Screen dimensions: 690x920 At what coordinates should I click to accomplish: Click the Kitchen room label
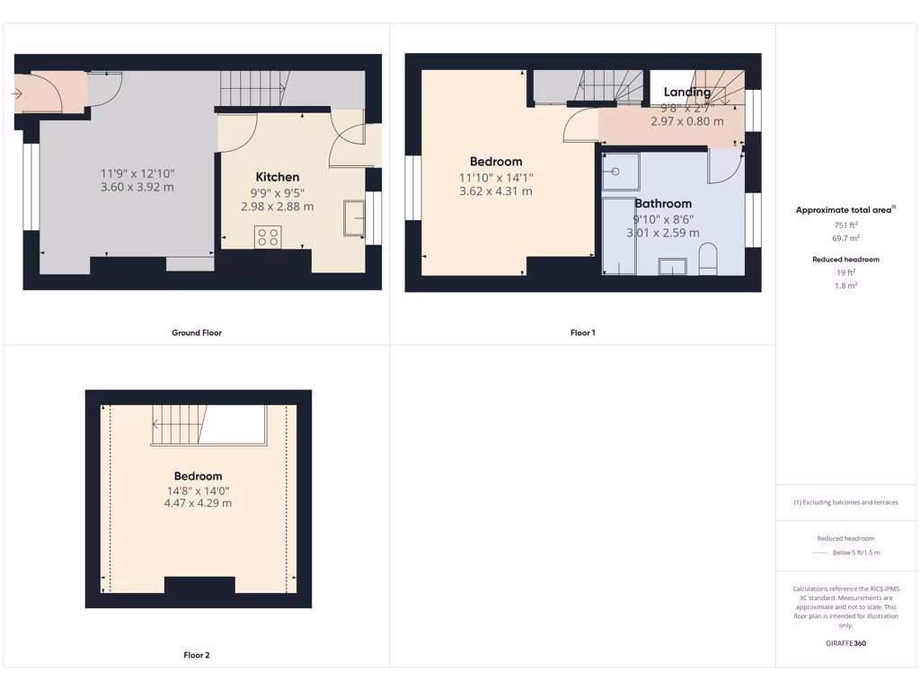[277, 177]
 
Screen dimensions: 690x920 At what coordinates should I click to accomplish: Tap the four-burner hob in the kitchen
[268, 237]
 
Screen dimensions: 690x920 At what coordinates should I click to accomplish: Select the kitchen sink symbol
[354, 218]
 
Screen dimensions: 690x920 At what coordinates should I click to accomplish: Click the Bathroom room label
[663, 204]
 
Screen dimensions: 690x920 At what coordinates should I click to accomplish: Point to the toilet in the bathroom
[707, 259]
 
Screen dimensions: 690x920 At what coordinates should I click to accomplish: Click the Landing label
[686, 92]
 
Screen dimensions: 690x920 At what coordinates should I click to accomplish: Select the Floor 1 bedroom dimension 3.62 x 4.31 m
[495, 191]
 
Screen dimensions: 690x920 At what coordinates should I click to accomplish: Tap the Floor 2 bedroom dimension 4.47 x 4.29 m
[198, 503]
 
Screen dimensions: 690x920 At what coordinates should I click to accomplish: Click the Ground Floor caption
[197, 332]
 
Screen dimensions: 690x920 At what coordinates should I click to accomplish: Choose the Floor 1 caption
[582, 332]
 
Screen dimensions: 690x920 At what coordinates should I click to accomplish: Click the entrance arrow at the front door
[18, 92]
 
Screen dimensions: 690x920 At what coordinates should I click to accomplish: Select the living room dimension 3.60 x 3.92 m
[137, 187]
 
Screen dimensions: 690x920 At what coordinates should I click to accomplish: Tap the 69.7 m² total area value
[845, 238]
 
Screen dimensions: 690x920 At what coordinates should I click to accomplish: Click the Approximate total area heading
[845, 210]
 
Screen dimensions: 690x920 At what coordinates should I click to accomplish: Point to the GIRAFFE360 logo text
[845, 643]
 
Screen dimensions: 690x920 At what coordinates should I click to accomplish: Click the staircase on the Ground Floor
[254, 89]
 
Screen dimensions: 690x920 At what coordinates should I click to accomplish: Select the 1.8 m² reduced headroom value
[845, 286]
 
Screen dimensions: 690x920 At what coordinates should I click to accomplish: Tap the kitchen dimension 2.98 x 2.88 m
[277, 207]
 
